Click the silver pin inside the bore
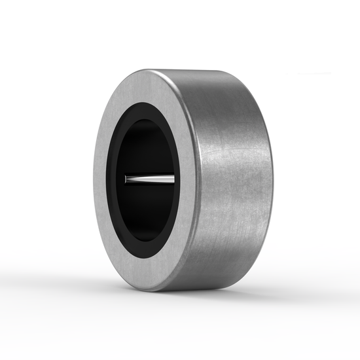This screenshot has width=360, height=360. pyautogui.click(x=151, y=179)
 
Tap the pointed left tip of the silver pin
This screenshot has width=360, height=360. pyautogui.click(x=126, y=178)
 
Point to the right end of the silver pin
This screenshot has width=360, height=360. pyautogui.click(x=173, y=179)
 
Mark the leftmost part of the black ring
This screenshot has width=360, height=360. pyautogui.click(x=109, y=180)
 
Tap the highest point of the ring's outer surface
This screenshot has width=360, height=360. pyautogui.click(x=196, y=69)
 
